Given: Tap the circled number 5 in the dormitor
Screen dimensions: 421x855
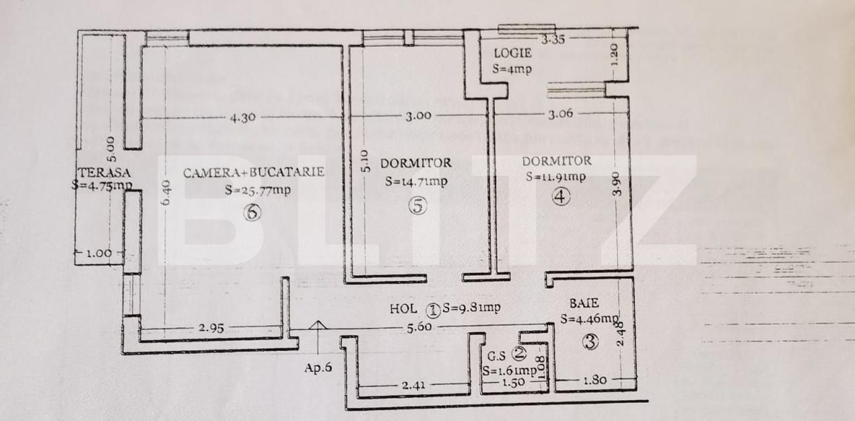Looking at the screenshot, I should coord(417,207).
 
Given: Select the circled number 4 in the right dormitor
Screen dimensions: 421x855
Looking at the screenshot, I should coord(561,197).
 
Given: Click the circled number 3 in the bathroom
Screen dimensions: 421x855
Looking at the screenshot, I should coord(590,342).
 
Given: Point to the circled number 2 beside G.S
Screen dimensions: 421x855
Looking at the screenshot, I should coord(518,352).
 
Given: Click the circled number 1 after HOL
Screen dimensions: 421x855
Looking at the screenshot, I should coord(433,310).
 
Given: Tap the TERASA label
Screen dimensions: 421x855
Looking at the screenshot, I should coord(103,172).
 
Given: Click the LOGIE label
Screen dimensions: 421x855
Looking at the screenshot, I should coord(512,53).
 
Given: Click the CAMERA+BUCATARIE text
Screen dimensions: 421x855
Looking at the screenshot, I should coord(254,172).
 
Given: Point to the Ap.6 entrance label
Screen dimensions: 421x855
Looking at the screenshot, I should coord(318,368).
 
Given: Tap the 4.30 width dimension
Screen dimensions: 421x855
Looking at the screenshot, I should coord(242,117).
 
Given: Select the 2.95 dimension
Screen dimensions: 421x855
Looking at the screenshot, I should coord(211,329).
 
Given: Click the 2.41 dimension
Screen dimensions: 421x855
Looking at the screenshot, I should coord(413,385).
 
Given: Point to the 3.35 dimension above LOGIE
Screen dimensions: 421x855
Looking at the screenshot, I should coord(553,39).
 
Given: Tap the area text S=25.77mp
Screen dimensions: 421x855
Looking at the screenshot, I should coord(258,190).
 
